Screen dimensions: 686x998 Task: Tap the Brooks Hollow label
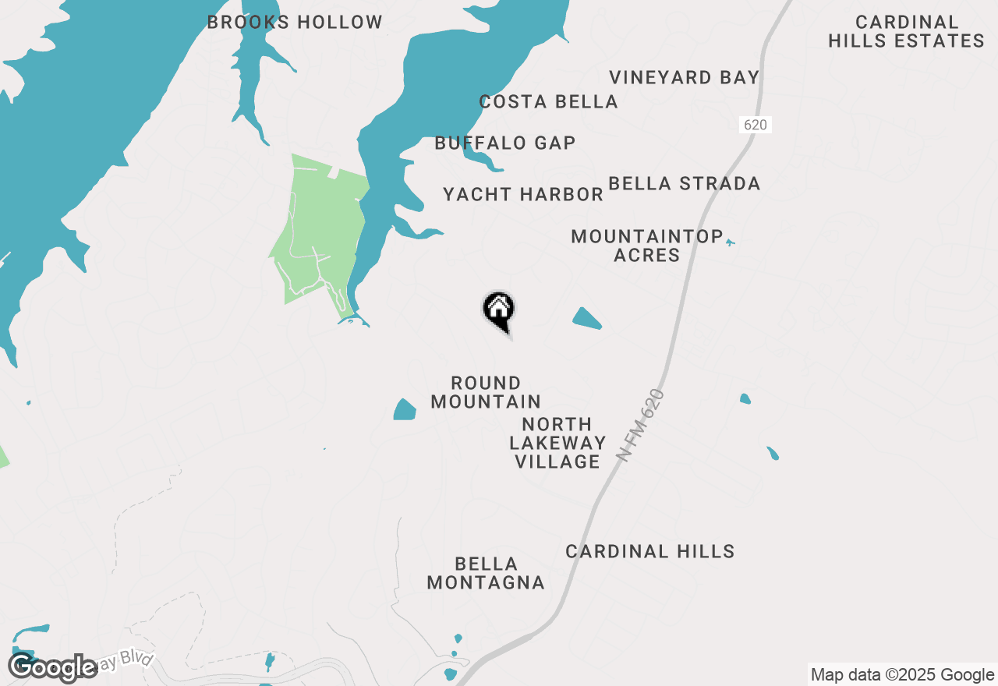pos(295,23)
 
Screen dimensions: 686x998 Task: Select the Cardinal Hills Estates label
pos(906,32)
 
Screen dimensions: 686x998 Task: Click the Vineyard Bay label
pos(684,77)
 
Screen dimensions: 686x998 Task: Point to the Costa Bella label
pos(548,101)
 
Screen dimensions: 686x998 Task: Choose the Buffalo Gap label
pos(505,143)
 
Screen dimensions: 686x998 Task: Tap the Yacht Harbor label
pos(522,194)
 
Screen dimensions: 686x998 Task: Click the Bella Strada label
pos(684,183)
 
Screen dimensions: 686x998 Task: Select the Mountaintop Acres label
pos(646,246)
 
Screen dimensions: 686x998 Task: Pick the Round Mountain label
pos(486,392)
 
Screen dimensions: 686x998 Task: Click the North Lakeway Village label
pos(557,443)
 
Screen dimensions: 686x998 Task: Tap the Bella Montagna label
pos(486,573)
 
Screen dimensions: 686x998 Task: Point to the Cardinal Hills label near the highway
pos(649,551)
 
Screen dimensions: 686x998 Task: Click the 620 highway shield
pos(755,125)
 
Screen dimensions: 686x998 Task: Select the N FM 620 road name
pos(641,426)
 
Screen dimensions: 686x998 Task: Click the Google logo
pos(53,668)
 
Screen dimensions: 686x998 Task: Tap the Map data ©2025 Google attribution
pos(902,675)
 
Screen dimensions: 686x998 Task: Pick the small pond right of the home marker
pos(587,318)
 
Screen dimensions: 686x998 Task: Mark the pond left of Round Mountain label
pos(405,410)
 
